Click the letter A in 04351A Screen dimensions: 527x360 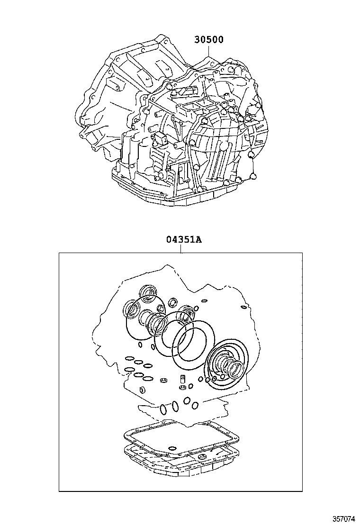198,240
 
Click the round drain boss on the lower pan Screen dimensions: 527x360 203,457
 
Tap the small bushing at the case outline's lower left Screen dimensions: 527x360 142,390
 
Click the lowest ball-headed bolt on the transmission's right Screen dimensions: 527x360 253,177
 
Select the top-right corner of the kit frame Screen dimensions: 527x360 302,253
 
